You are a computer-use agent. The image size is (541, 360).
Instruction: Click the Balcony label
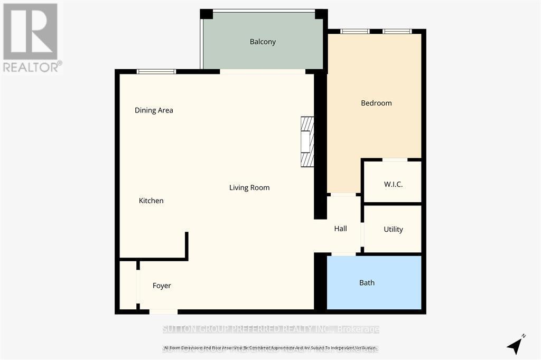[263, 42]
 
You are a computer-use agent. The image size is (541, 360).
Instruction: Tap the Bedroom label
[376, 103]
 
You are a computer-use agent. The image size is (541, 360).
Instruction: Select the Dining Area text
[154, 110]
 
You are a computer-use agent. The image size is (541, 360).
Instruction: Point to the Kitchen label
[151, 201]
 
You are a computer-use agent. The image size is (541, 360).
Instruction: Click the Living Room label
[249, 187]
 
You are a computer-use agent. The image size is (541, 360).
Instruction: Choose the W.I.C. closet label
[393, 184]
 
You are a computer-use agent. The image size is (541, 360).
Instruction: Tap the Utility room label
[393, 229]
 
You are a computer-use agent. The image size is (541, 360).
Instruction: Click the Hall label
[340, 229]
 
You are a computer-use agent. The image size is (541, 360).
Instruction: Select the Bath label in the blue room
[367, 282]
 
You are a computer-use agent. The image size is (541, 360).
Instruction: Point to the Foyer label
[162, 286]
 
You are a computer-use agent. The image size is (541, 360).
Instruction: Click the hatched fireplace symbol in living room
[307, 141]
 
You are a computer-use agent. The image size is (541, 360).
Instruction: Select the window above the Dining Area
[156, 71]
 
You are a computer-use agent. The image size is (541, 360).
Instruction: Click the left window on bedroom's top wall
[355, 32]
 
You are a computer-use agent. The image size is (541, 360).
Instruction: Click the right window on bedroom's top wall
[397, 32]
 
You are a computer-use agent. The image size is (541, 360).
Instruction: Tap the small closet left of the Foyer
[128, 285]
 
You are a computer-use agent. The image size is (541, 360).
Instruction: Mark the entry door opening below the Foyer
[163, 311]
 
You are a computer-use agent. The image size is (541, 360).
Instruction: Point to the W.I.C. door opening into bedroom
[395, 159]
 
